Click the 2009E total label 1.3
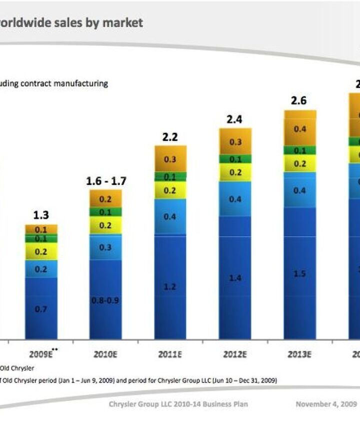(x=41, y=215)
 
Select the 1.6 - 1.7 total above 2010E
(x=105, y=181)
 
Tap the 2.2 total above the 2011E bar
(x=170, y=137)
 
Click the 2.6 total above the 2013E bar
(x=298, y=101)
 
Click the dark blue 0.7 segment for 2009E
(x=41, y=309)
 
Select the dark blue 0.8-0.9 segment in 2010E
(x=105, y=300)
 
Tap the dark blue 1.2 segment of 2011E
(x=170, y=287)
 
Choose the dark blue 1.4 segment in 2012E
(x=235, y=278)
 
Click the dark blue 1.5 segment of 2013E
(x=300, y=273)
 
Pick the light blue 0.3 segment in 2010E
(x=105, y=247)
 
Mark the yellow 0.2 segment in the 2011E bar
(x=170, y=190)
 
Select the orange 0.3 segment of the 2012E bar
(x=235, y=142)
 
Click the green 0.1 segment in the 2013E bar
(x=300, y=150)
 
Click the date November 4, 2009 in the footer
(x=326, y=404)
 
